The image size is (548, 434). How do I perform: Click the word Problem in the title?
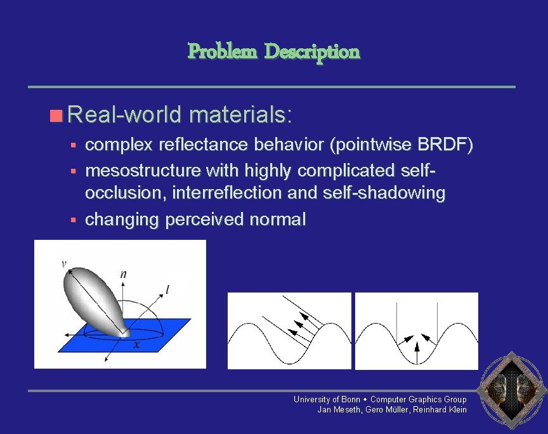click(x=222, y=51)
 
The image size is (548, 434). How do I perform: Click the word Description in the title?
click(x=311, y=51)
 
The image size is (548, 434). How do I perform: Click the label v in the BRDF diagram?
click(x=63, y=264)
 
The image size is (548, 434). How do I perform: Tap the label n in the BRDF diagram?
click(x=122, y=274)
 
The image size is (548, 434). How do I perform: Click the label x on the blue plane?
click(x=136, y=345)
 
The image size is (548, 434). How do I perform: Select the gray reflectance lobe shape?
click(x=95, y=298)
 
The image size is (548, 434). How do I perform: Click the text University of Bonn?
click(x=327, y=399)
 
